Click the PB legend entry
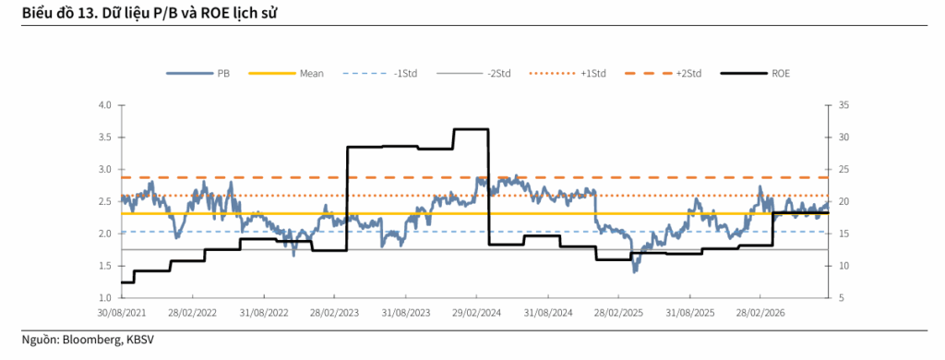(198, 74)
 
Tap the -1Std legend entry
(379, 74)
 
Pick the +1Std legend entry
(568, 74)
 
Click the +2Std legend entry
(663, 74)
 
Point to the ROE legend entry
(755, 74)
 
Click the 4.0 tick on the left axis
(106, 105)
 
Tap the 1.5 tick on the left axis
(106, 266)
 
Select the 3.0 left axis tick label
(106, 170)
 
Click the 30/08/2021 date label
(122, 314)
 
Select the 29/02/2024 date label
(476, 314)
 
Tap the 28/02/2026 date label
(760, 314)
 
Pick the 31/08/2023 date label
(406, 314)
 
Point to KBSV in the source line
(139, 340)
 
